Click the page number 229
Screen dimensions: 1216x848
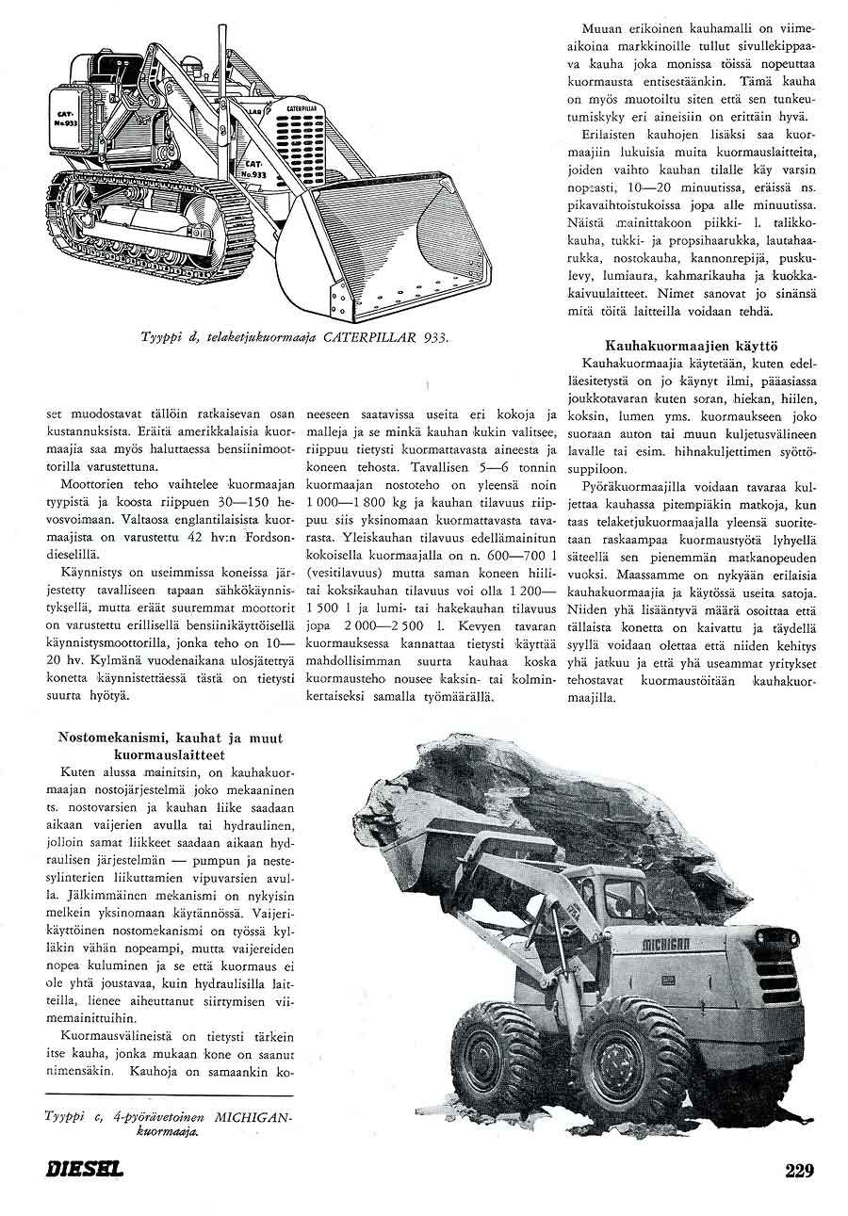(798, 1171)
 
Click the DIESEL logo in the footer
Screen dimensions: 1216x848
(85, 1172)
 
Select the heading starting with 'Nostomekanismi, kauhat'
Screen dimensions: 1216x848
(170, 746)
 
